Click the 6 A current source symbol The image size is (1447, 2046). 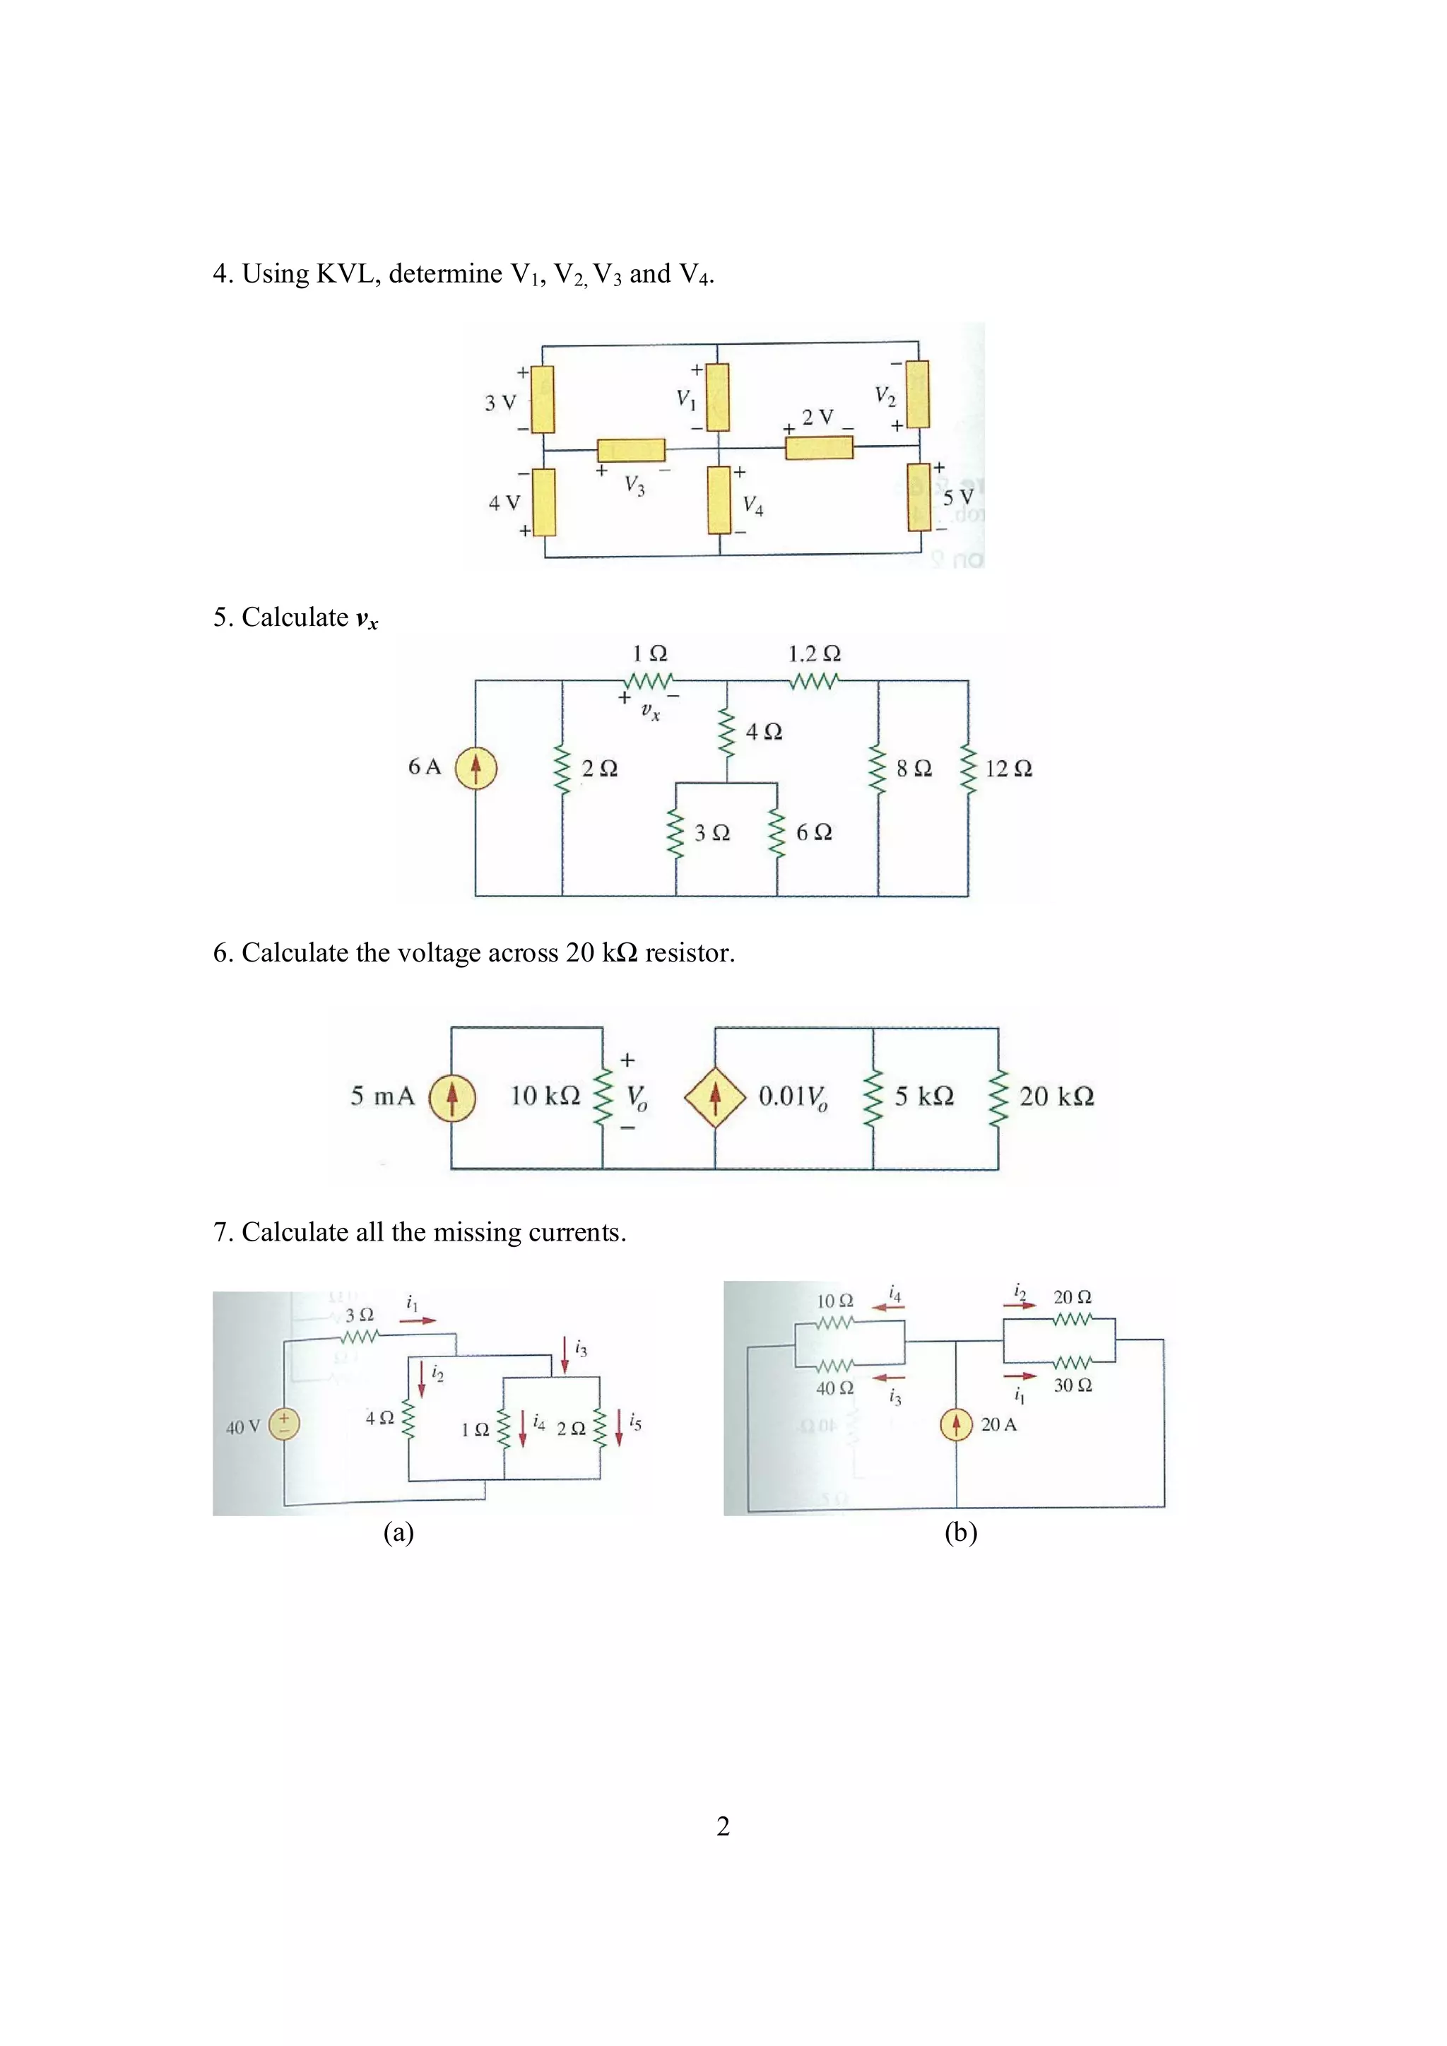click(476, 767)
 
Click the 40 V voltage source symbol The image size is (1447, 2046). click(284, 1422)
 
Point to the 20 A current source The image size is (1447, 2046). click(956, 1424)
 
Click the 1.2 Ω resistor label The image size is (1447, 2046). click(815, 654)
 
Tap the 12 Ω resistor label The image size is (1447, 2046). click(1009, 768)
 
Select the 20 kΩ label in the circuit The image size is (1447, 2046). click(1057, 1096)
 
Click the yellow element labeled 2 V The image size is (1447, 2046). click(819, 447)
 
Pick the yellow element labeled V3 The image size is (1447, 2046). click(631, 449)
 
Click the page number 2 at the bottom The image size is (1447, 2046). click(723, 1826)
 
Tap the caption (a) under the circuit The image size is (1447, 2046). click(398, 1532)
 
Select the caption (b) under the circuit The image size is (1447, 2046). click(960, 1532)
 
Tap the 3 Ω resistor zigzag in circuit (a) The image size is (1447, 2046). click(360, 1337)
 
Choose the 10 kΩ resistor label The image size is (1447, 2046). click(545, 1095)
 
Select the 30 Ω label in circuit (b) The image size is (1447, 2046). click(1073, 1385)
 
